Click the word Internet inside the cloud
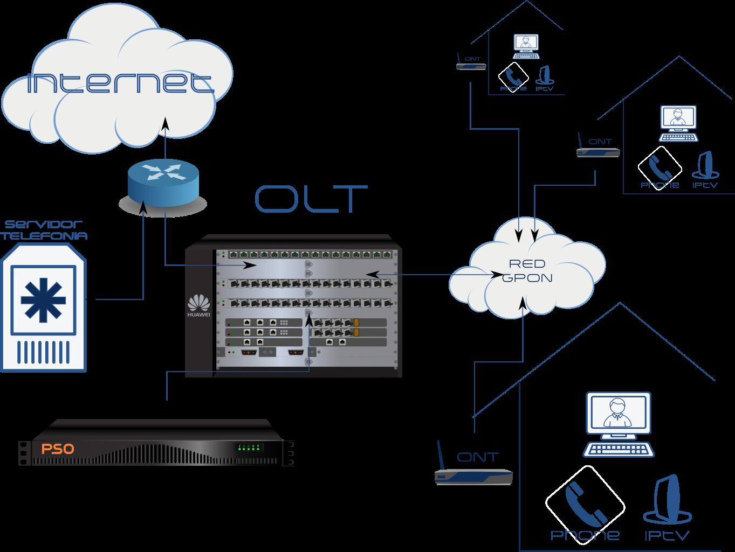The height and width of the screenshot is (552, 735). [x=120, y=83]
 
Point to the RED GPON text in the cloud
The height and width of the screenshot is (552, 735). [x=527, y=271]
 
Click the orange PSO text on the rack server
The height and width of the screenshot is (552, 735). [x=57, y=449]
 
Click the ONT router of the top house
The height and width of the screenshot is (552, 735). [x=471, y=66]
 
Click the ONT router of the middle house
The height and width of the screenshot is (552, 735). [x=598, y=152]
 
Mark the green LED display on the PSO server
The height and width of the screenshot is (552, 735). [x=249, y=448]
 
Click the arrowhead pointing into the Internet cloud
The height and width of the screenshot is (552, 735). [x=165, y=124]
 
